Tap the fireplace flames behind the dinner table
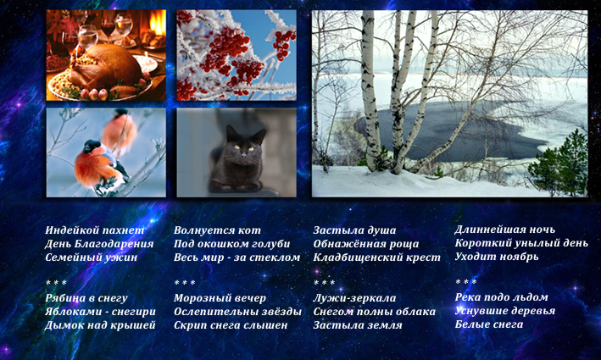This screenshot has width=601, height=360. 157,24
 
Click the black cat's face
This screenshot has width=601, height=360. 243,147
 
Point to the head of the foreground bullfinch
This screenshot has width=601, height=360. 92,146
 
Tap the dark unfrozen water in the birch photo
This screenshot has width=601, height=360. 453,130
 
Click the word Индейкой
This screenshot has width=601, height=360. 70,230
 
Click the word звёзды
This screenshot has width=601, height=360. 281,312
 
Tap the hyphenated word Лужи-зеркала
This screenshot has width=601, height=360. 354,297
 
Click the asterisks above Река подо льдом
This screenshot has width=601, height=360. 465,282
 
